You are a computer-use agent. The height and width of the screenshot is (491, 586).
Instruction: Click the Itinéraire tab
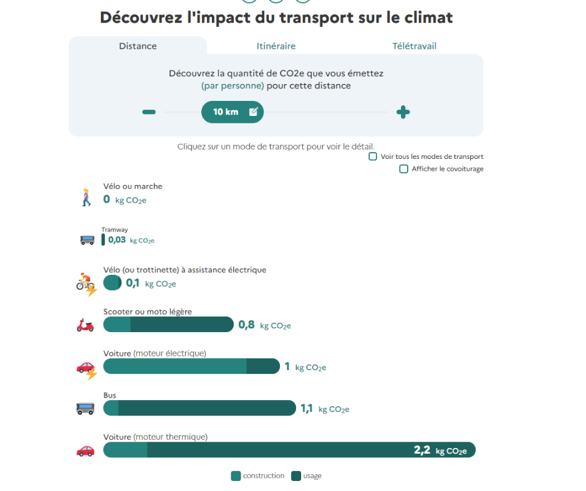276,46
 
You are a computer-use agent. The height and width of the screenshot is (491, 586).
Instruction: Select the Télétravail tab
414,46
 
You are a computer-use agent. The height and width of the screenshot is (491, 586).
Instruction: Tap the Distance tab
138,46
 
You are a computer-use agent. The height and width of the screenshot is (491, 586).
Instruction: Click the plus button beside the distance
403,112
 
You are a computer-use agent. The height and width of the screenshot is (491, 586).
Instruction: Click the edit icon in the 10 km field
253,112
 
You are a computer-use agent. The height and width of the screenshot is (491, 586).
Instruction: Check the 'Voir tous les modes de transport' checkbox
373,156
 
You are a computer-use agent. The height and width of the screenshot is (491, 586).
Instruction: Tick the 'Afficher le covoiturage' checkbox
403,169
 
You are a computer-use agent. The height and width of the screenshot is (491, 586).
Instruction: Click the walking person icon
86,198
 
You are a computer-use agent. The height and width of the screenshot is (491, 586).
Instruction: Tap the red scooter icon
85,325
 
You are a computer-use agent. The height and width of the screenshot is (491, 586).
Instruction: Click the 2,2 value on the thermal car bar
422,450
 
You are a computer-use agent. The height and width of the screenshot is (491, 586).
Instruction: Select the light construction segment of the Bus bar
111,408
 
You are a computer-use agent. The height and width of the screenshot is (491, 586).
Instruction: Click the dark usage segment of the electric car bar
262,366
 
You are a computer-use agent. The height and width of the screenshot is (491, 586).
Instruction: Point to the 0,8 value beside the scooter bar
246,325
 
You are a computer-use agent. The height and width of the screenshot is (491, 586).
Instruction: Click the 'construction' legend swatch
236,476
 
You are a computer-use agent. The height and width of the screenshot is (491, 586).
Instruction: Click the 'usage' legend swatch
296,476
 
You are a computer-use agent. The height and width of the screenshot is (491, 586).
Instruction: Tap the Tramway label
115,230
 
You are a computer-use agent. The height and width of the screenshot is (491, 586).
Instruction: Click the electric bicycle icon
86,284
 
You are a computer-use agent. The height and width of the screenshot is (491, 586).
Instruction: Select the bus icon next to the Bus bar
85,409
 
